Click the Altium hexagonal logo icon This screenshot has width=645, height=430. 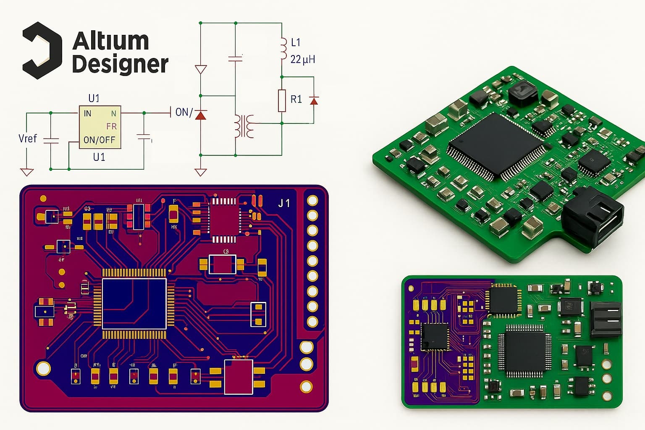tap(42, 50)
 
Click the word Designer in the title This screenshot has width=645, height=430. tap(120, 65)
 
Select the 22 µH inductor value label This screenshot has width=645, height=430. tap(302, 59)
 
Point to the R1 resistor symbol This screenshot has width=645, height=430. tap(282, 100)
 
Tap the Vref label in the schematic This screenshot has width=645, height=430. tap(28, 139)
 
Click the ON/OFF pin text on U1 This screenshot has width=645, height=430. tap(99, 140)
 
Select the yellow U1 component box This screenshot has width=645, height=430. tap(100, 127)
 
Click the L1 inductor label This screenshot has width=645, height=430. tap(296, 42)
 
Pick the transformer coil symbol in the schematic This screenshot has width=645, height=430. tap(244, 126)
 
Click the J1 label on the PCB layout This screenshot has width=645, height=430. tap(284, 204)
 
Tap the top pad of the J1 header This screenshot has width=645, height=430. tap(312, 200)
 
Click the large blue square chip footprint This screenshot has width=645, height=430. tap(134, 304)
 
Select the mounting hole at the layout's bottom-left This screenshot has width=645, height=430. tap(43, 368)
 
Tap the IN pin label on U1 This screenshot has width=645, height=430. tap(87, 113)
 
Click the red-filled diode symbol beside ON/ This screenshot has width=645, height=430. tap(201, 114)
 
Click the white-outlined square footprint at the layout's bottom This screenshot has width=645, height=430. tap(239, 377)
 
